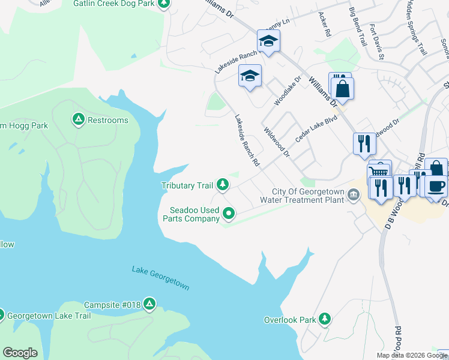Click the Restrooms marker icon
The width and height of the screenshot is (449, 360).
tap(78, 120)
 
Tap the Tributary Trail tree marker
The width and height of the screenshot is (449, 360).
tap(223, 185)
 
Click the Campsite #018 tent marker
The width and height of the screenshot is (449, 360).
tap(149, 305)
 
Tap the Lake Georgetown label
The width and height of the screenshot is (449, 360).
tap(160, 278)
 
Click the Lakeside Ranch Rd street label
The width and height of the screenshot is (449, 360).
tap(247, 140)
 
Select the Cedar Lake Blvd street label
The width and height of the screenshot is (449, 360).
tap(316, 128)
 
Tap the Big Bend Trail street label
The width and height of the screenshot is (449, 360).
tap(358, 27)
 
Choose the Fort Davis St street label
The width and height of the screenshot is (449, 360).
tap(376, 42)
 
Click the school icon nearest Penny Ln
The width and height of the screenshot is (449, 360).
tap(268, 41)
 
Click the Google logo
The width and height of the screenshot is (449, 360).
tap(20, 353)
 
